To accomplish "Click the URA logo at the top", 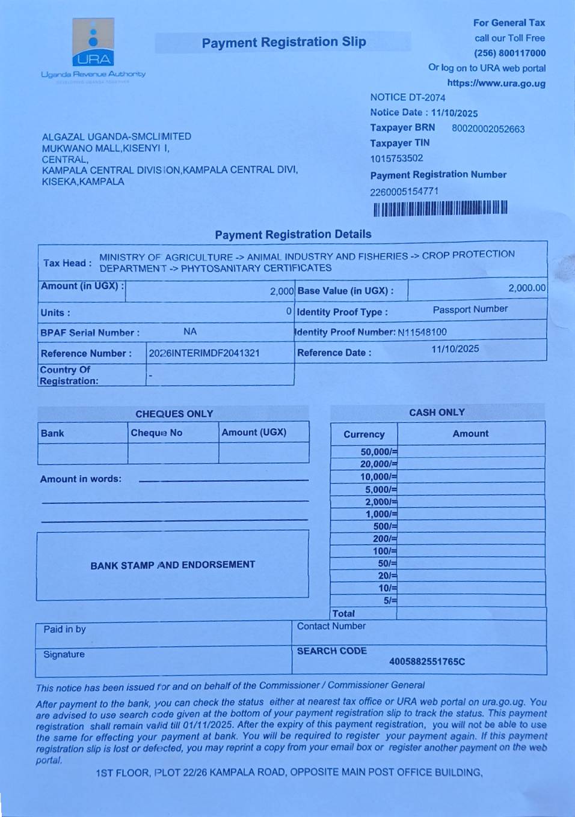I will click(93, 42).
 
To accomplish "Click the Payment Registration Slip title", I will click(284, 42).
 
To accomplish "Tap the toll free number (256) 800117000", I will click(509, 53).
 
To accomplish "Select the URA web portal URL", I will click(496, 84).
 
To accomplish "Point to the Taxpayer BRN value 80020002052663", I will click(488, 129).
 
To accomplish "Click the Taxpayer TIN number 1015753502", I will click(396, 159).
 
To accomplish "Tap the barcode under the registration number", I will click(440, 208).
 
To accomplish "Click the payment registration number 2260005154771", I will click(404, 192).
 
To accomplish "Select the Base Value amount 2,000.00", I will click(527, 288).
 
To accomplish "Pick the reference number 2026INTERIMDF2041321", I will click(204, 353).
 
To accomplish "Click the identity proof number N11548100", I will click(422, 332).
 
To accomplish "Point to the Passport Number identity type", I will click(470, 309).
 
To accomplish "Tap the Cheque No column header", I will click(156, 433).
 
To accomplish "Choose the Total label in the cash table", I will click(343, 613).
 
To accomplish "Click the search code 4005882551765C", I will click(427, 661).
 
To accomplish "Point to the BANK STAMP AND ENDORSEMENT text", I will click(173, 565).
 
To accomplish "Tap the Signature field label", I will click(64, 654).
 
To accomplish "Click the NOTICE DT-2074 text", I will click(408, 97).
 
